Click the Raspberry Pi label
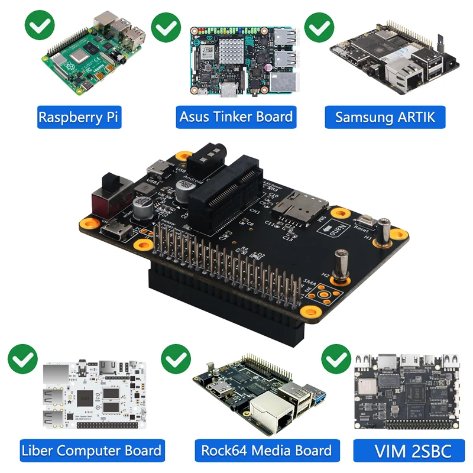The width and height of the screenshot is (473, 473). pos(79,116)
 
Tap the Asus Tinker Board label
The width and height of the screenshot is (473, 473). pos(236,116)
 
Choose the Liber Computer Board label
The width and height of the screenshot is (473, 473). pos(91,451)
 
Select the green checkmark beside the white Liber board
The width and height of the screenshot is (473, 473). pos(22,358)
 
